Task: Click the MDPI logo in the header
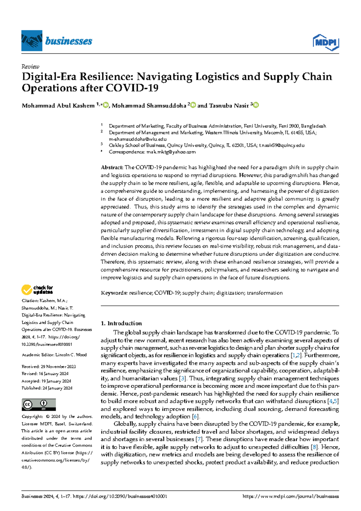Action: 326,42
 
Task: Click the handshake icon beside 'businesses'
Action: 32,41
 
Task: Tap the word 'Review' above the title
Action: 30,67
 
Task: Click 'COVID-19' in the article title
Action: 132,88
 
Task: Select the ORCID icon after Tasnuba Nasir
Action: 256,105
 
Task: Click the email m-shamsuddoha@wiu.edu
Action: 137,139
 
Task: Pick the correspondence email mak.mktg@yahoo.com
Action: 171,152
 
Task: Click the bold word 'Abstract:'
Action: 112,168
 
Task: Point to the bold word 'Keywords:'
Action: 114,293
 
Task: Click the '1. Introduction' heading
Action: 121,323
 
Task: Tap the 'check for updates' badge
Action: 37,290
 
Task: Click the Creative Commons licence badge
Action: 39,404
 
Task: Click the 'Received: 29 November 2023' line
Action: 48,367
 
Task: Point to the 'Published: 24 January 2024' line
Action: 47,388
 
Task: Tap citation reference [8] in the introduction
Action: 314,447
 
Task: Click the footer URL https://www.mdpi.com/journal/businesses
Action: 291,496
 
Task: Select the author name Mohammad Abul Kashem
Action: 58,106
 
